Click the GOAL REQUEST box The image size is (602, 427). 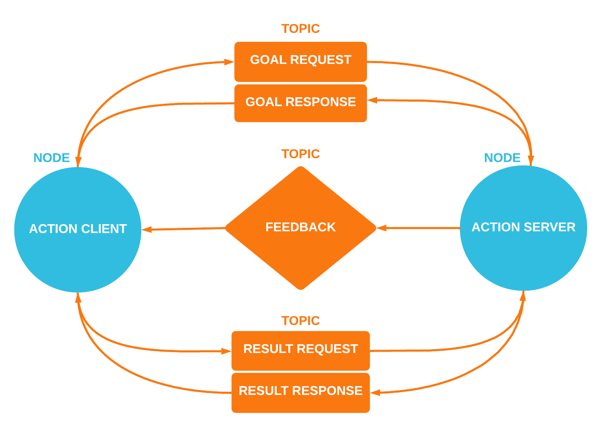pyautogui.click(x=301, y=61)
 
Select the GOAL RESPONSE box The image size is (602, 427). pyautogui.click(x=301, y=103)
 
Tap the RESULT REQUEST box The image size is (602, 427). pyautogui.click(x=301, y=350)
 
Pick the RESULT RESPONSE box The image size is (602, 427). pyautogui.click(x=301, y=392)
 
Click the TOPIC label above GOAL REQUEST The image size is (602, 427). pyautogui.click(x=301, y=29)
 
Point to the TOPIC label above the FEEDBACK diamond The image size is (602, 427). pyautogui.click(x=301, y=154)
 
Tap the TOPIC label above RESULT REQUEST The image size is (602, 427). pyautogui.click(x=301, y=320)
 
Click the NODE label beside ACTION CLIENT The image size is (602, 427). pyautogui.click(x=52, y=158)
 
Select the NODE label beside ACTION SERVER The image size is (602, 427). pyautogui.click(x=502, y=158)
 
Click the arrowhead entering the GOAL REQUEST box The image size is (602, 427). pyautogui.click(x=229, y=62)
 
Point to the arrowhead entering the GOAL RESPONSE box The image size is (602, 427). pyautogui.click(x=372, y=100)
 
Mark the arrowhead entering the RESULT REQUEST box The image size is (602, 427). pyautogui.click(x=226, y=351)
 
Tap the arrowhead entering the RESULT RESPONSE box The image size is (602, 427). pyautogui.click(x=375, y=393)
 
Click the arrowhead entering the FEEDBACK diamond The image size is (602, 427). pyautogui.click(x=381, y=228)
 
